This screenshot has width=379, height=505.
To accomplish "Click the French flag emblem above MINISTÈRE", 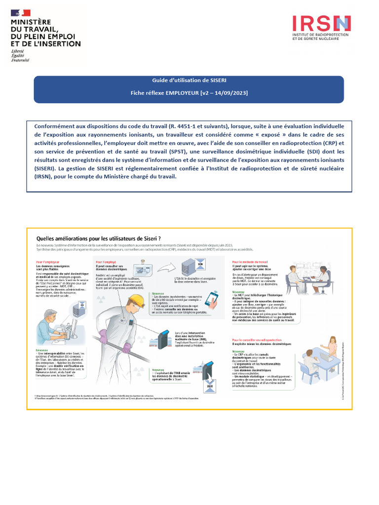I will click(x=23, y=13).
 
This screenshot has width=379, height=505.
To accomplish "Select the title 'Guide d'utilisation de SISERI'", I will click(x=189, y=80).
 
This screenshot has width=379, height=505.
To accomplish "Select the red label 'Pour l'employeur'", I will click(x=48, y=261).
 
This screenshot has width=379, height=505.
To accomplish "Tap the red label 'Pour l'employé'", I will click(x=107, y=261).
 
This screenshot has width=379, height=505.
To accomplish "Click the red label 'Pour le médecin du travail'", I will click(x=250, y=261).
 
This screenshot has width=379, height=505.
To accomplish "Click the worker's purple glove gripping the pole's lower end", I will click(x=127, y=348).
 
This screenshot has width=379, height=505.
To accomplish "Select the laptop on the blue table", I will click(x=326, y=357).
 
